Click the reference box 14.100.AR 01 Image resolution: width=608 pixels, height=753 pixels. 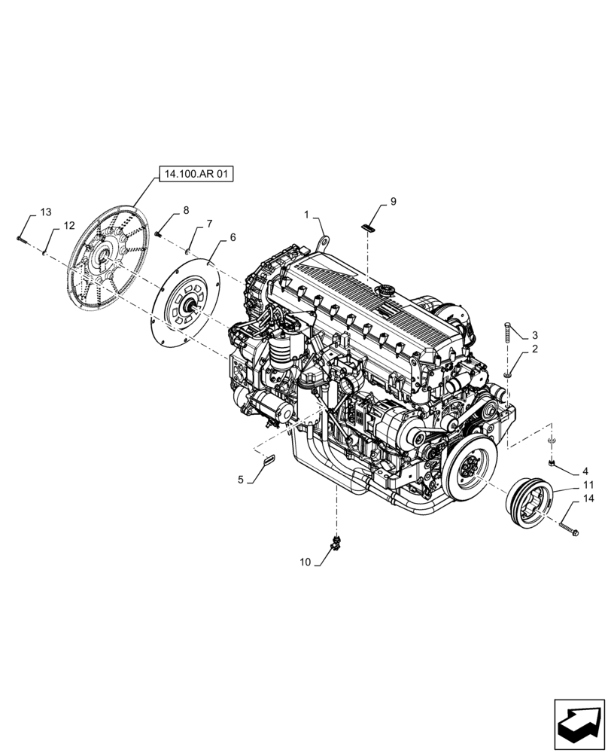pyautogui.click(x=196, y=175)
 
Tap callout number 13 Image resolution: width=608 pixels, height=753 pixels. pyautogui.click(x=47, y=213)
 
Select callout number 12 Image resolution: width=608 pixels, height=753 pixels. pyautogui.click(x=69, y=225)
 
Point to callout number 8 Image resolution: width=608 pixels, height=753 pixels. pyautogui.click(x=185, y=210)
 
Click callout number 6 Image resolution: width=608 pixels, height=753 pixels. pyautogui.click(x=233, y=237)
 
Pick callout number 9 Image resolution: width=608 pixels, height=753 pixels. pyautogui.click(x=392, y=202)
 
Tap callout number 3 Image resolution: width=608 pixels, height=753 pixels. pyautogui.click(x=535, y=335)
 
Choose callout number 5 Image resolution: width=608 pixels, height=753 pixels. pyautogui.click(x=241, y=479)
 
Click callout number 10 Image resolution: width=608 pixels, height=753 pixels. pyautogui.click(x=305, y=562)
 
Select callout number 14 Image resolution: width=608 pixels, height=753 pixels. pyautogui.click(x=588, y=498)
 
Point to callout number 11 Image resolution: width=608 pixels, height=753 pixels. pyautogui.click(x=588, y=485)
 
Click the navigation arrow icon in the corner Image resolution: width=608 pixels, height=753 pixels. pyautogui.click(x=579, y=724)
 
